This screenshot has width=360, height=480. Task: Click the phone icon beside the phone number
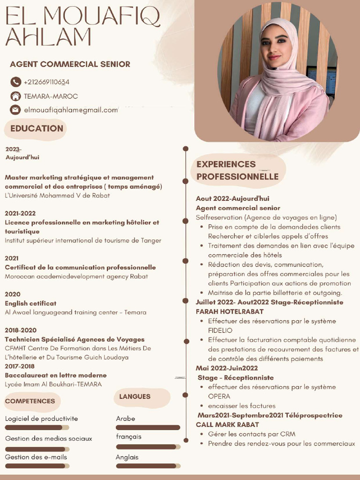pyautogui.click(x=15, y=82)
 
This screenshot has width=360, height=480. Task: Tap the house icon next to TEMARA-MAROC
pyautogui.click(x=15, y=96)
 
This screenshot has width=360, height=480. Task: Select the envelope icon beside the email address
pyautogui.click(x=15, y=110)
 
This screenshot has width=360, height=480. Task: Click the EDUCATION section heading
pyautogui.click(x=37, y=128)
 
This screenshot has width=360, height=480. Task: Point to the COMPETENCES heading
pyautogui.click(x=30, y=401)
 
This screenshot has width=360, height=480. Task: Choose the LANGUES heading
pyautogui.click(x=135, y=397)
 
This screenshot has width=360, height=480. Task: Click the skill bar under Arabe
pyautogui.click(x=148, y=427)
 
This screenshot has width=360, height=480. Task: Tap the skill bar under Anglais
pyautogui.click(x=148, y=466)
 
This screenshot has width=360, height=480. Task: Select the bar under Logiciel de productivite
pyautogui.click(x=37, y=427)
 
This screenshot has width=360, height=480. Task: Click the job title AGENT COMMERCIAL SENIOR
pyautogui.click(x=70, y=64)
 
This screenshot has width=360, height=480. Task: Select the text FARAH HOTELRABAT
pyautogui.click(x=230, y=312)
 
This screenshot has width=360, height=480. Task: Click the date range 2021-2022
pyautogui.click(x=20, y=213)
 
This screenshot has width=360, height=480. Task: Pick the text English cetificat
pyautogui.click(x=30, y=303)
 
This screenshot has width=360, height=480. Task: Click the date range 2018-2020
pyautogui.click(x=21, y=330)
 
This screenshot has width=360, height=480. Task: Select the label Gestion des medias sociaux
pyautogui.click(x=49, y=439)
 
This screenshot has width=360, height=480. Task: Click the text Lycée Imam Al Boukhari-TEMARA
pyautogui.click(x=53, y=384)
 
